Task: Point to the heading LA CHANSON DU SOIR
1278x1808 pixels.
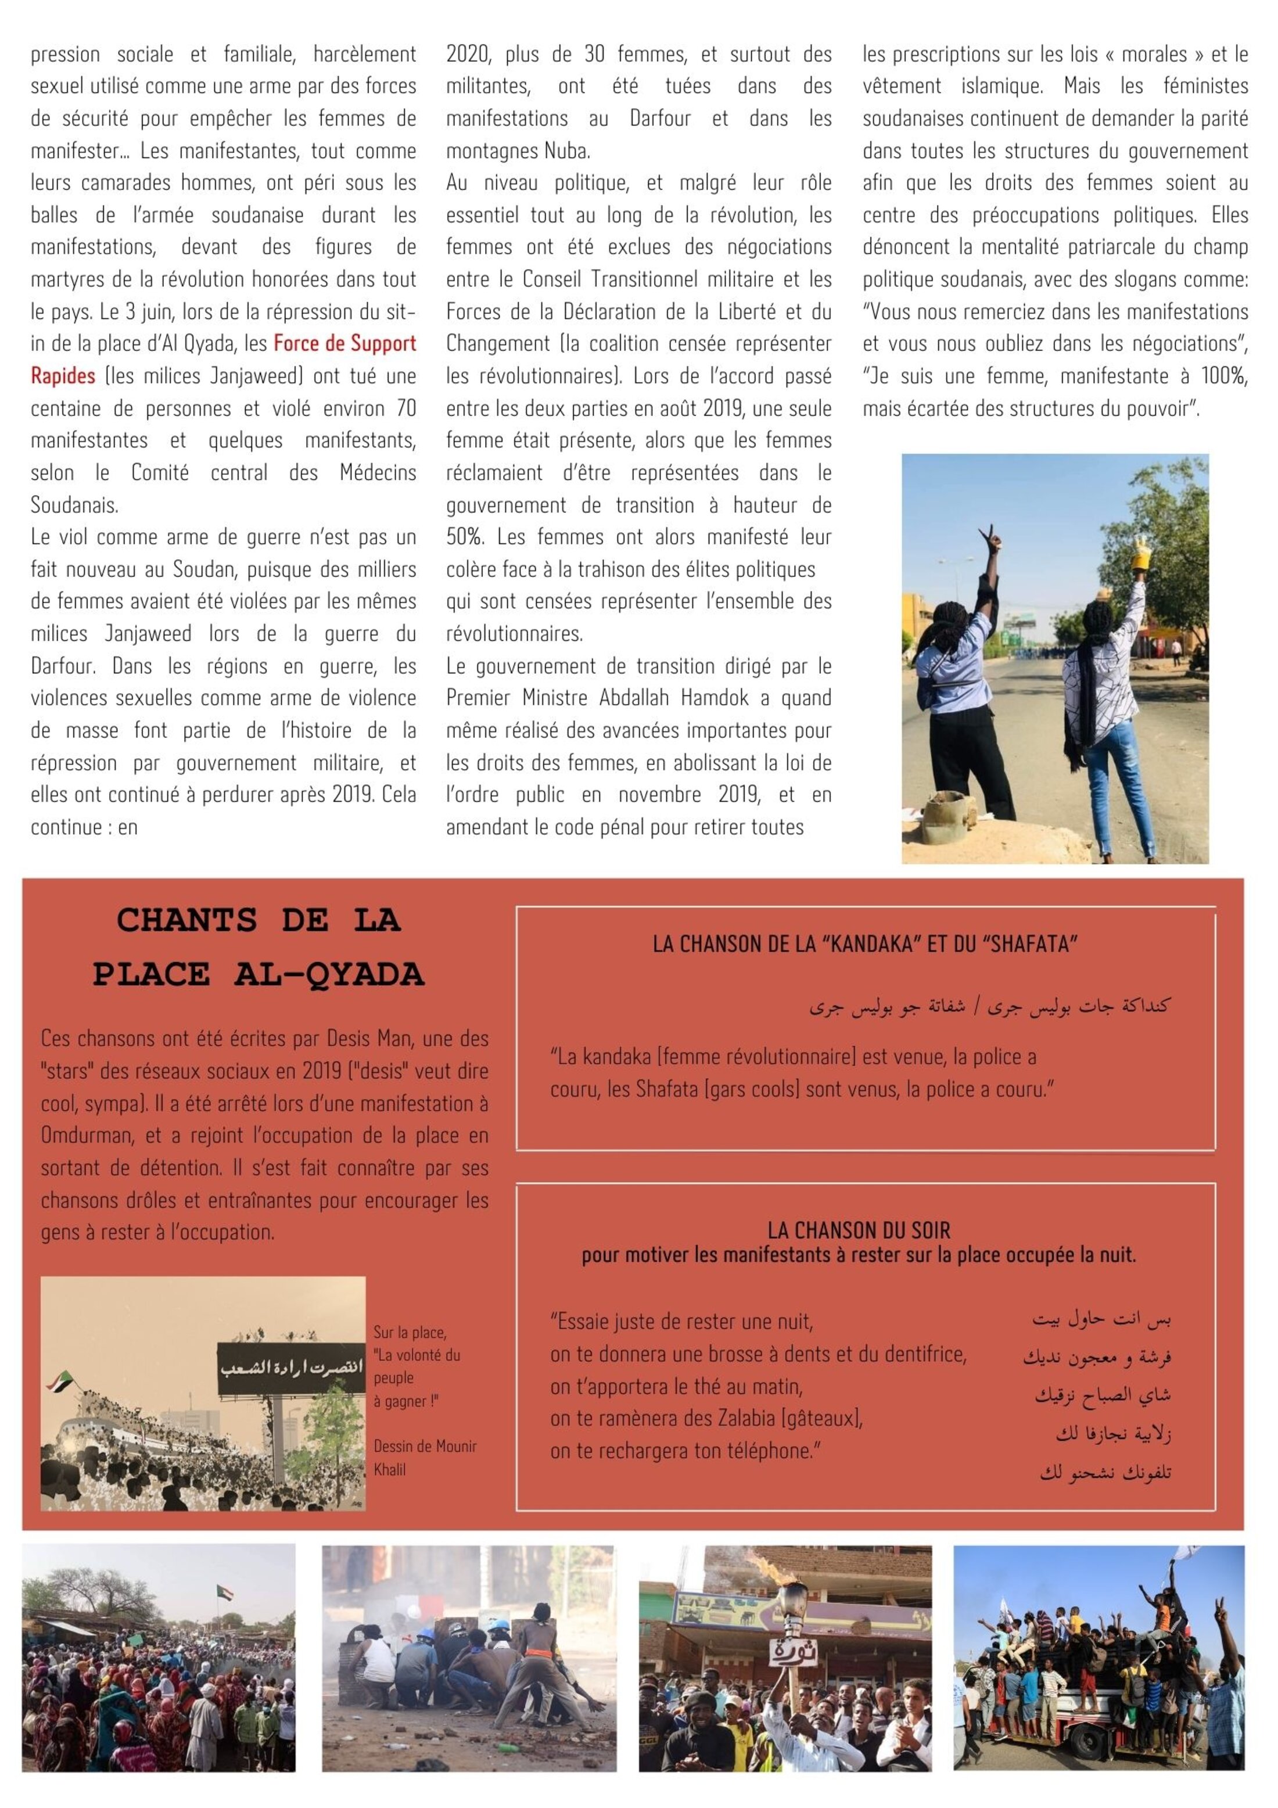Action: click(x=859, y=1230)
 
